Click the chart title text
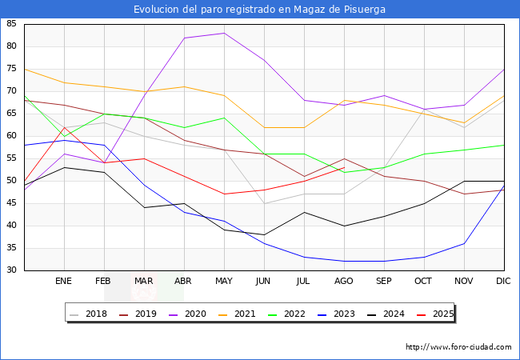[x=260, y=10]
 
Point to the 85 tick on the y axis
[x=11, y=24]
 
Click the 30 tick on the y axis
[x=11, y=270]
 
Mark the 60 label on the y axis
[x=11, y=136]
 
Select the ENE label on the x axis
[x=64, y=282]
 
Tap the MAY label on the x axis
[x=224, y=282]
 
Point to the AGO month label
[x=344, y=282]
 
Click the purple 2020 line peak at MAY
[x=224, y=33]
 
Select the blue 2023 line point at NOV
[x=464, y=243]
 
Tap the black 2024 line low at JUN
[x=264, y=234]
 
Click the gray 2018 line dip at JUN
[x=264, y=203]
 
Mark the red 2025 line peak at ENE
[x=64, y=127]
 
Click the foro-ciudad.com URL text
[x=458, y=347]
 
